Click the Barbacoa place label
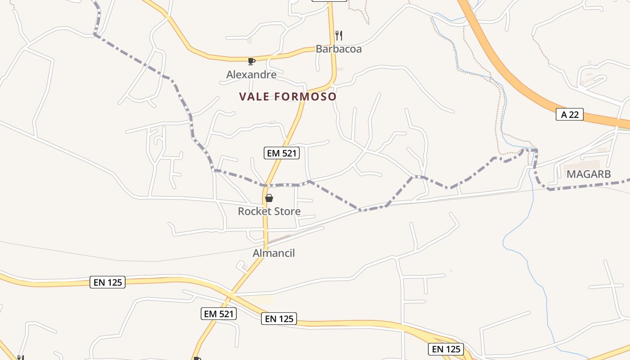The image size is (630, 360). point(338,49)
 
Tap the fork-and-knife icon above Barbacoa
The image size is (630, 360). point(339,35)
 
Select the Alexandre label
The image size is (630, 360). point(251,74)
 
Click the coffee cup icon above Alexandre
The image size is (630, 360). point(251,61)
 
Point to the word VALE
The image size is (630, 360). point(257,97)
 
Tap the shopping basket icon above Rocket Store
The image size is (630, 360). point(269,198)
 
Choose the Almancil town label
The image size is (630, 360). point(274,253)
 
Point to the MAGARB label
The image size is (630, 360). point(589,174)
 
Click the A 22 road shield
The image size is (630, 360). point(569,115)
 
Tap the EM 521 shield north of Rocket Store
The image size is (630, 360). point(282,153)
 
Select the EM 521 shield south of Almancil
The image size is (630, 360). point(219,314)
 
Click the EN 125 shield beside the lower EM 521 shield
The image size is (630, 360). point(279,319)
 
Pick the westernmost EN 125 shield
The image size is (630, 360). point(107,282)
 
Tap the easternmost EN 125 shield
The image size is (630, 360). point(446,349)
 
